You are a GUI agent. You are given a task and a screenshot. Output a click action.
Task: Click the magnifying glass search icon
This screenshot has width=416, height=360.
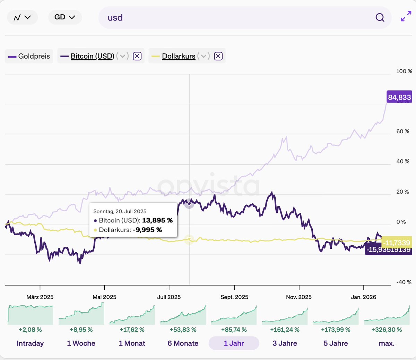click(380, 17)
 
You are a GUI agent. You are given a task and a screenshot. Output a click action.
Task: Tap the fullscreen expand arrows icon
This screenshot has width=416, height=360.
click(406, 17)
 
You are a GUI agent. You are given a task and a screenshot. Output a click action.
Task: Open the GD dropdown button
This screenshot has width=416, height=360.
click(65, 17)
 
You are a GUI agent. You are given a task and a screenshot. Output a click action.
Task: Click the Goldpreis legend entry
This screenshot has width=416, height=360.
click(29, 56)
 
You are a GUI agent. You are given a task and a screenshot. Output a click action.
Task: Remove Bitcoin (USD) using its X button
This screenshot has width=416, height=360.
click(137, 56)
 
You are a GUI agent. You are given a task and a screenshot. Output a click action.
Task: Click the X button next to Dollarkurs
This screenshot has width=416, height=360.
click(218, 56)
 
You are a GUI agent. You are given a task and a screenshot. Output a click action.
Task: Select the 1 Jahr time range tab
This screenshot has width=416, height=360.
click(234, 343)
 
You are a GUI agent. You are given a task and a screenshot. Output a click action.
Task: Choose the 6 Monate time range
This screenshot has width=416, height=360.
click(183, 343)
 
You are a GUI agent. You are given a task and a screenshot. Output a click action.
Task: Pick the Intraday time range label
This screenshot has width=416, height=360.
click(30, 343)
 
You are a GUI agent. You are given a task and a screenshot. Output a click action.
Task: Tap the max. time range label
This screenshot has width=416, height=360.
click(387, 343)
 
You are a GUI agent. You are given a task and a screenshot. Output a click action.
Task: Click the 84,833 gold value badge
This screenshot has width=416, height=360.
click(399, 97)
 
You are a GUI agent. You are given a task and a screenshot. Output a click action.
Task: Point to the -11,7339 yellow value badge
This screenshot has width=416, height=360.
click(397, 243)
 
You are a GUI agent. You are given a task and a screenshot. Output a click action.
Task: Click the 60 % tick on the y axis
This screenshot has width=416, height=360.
click(402, 131)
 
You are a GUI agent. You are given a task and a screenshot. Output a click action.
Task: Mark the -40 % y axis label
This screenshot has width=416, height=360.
click(404, 282)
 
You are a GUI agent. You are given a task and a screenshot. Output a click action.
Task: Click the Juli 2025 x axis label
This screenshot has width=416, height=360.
click(169, 297)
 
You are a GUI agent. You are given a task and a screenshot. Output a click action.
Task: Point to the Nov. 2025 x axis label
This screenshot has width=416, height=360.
click(299, 297)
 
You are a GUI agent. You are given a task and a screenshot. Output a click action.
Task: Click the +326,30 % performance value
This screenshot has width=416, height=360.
click(387, 330)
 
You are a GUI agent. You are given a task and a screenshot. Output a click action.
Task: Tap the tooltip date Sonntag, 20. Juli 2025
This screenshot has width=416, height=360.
click(120, 211)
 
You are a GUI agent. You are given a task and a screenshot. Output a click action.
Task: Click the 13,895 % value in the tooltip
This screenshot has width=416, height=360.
click(157, 220)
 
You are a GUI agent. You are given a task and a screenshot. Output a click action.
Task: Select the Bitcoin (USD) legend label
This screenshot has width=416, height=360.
click(92, 56)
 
